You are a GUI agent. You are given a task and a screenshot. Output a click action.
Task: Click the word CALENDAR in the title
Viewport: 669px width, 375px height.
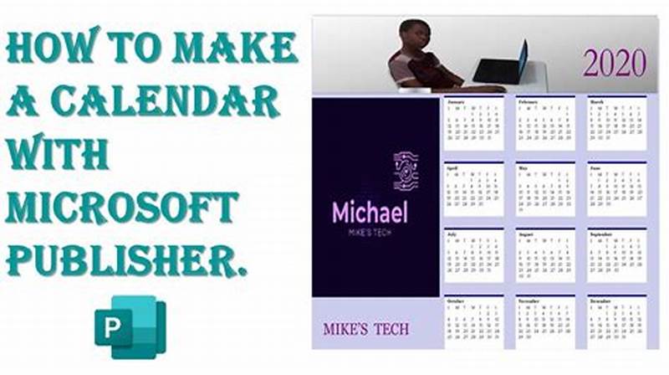(x=166, y=103)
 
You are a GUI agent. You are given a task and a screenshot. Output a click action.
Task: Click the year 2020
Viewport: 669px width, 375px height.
(x=614, y=63)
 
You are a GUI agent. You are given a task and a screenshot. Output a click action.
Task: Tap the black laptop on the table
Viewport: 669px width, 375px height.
(x=501, y=64)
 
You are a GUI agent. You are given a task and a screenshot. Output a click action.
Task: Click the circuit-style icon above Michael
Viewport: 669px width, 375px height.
(x=406, y=172)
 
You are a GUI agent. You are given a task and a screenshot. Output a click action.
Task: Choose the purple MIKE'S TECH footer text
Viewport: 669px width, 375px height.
(x=366, y=329)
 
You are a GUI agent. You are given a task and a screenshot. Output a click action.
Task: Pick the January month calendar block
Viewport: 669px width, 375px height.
(x=473, y=123)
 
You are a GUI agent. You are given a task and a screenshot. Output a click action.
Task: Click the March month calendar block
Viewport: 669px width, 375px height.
(x=616, y=123)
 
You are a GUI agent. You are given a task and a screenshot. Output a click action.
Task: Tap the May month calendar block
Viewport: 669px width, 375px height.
(x=545, y=188)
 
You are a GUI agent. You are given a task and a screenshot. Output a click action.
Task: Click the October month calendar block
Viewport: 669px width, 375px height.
(x=473, y=321)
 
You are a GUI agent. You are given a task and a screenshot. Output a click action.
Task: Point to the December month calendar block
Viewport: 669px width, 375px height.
(x=616, y=321)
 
